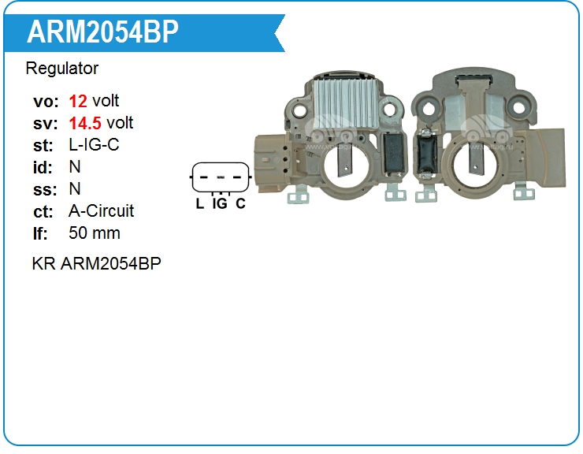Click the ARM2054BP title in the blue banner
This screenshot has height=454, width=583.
pos(102,32)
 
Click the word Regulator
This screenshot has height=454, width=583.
pos(62,69)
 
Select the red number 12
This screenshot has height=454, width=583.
pos(78,101)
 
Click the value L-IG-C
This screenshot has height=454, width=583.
pos(95,145)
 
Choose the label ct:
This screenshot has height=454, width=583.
pos(43,211)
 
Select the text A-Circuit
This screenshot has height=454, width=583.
pos(102,211)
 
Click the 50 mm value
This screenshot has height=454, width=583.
pos(95,233)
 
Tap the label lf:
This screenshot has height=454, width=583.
pos(41,233)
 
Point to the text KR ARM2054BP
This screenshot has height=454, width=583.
pos(96,264)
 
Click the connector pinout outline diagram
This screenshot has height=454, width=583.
pos(220,177)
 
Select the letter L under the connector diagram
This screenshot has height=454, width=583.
pos(199,203)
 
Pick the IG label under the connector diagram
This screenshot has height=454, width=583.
pos(220,203)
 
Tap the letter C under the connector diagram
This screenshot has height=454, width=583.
pos(240,203)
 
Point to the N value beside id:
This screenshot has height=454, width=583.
pos(75,167)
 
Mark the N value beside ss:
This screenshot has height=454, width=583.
pos(75,189)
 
